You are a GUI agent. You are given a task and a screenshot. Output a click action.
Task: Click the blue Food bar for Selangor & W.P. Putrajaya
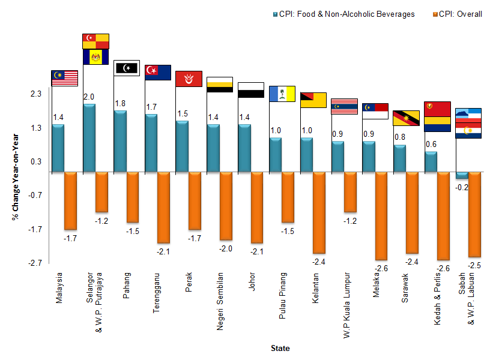point(89,138)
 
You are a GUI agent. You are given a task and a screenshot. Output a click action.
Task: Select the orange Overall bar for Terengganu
point(163,207)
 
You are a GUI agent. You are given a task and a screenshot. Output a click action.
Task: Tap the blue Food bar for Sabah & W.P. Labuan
point(462,175)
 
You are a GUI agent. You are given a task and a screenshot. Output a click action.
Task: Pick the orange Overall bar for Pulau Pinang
point(288,197)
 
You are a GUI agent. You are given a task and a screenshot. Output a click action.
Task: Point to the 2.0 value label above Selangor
point(89,97)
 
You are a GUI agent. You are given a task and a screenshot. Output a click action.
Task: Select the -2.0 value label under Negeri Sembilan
point(225,248)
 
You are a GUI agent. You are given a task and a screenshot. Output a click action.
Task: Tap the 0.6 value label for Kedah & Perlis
point(431,144)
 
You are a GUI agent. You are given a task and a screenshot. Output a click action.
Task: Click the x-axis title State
point(280,348)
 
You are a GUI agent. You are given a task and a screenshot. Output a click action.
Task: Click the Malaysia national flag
point(65,78)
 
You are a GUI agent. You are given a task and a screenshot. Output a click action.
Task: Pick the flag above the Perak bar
point(189,79)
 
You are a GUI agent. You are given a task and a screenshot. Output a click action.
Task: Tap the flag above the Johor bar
point(251,90)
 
